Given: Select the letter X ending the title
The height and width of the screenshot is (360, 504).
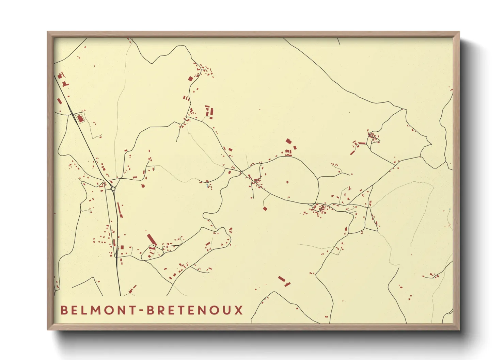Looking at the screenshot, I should [x=239, y=310].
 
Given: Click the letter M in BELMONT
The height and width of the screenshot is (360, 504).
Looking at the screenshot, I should [x=94, y=310].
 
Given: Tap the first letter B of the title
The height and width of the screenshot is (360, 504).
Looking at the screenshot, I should [x=63, y=310].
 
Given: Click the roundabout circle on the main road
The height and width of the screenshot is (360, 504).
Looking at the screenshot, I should [x=113, y=188].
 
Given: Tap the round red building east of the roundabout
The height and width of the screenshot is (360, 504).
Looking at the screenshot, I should [x=142, y=186].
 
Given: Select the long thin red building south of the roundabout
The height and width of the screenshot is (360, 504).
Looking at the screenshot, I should [x=119, y=208].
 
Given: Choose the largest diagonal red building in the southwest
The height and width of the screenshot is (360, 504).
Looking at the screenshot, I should [x=152, y=239].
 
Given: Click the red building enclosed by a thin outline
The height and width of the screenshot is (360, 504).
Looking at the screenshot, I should [x=80, y=119].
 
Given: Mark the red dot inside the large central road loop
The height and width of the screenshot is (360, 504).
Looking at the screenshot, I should [x=287, y=182].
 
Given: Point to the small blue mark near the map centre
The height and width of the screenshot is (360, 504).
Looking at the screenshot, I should [x=207, y=186].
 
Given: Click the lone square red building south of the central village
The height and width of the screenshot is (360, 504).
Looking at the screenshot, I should [x=265, y=208].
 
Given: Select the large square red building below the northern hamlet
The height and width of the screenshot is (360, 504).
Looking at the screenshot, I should [x=190, y=79].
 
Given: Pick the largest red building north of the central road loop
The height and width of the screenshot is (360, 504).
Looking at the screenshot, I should [x=288, y=141].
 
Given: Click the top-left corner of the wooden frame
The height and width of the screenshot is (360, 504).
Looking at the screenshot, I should [x=48, y=32].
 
